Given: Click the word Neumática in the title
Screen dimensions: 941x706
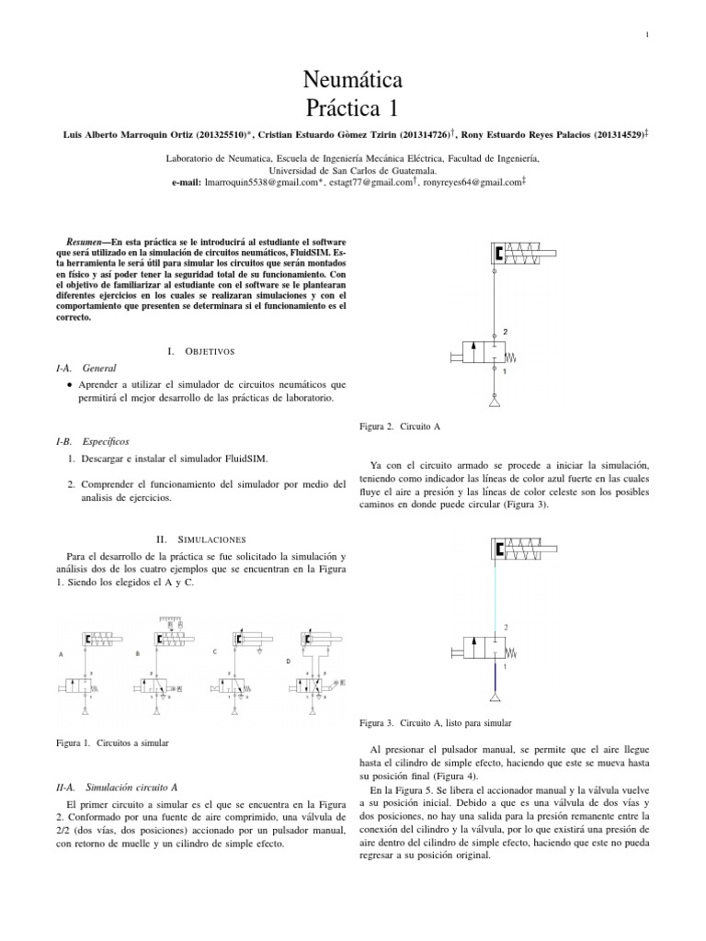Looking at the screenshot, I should [352, 82].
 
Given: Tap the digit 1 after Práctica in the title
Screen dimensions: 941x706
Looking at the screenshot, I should [393, 108].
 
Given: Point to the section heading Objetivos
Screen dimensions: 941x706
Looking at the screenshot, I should [211, 351].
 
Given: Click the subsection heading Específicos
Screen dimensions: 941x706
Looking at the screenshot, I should [108, 441].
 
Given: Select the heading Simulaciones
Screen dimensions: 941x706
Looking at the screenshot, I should [212, 540].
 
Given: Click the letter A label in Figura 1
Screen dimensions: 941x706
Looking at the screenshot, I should [61, 655].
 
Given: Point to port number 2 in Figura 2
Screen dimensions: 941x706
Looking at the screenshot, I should [505, 331].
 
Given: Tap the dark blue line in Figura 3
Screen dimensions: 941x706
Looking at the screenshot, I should [495, 678].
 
